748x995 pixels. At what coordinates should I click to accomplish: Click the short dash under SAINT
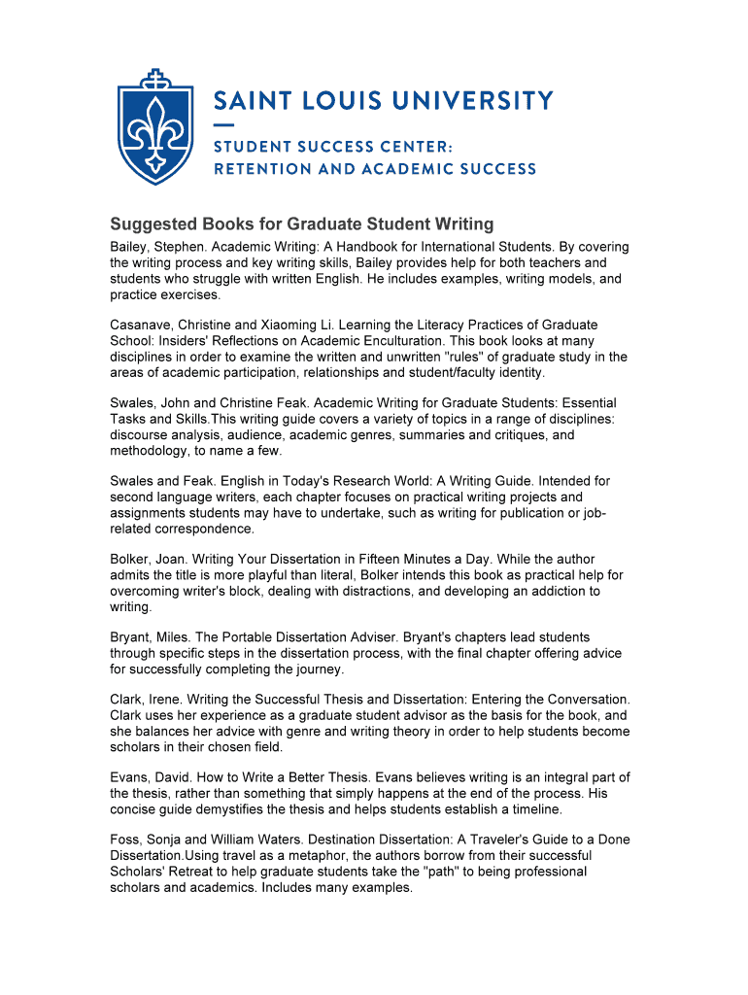click(x=223, y=125)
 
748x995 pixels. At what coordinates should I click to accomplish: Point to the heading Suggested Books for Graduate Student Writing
click(x=302, y=224)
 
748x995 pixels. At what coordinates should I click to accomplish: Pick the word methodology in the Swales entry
click(x=149, y=451)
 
